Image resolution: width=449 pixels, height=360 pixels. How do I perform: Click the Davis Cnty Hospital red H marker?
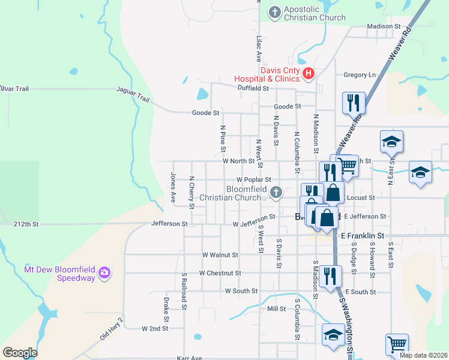click(x=309, y=74)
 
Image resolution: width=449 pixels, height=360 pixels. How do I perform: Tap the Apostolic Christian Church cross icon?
click(x=275, y=13)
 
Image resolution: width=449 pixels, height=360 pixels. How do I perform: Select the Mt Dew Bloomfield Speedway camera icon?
click(x=105, y=273)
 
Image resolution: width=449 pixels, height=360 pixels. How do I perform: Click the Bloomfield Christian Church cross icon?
click(x=276, y=193)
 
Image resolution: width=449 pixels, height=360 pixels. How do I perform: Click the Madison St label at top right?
click(x=384, y=26)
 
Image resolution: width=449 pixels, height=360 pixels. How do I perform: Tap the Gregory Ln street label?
click(x=359, y=75)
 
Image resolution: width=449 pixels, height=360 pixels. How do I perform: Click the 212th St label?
click(x=26, y=224)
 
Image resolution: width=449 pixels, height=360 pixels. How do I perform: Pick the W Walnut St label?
click(x=220, y=254)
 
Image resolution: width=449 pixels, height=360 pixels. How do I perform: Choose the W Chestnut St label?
click(x=220, y=273)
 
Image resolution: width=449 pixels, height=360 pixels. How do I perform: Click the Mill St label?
click(x=277, y=308)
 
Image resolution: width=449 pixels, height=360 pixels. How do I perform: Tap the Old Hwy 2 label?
click(x=112, y=328)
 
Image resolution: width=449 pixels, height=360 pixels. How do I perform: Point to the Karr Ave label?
click(x=190, y=358)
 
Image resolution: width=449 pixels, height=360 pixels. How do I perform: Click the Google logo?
click(x=20, y=352)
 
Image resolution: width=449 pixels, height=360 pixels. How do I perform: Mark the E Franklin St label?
click(x=362, y=236)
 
